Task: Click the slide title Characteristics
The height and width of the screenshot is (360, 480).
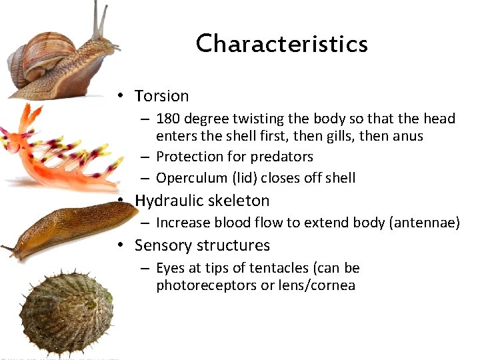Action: [x=281, y=44]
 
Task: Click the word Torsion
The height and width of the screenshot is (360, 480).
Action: [x=161, y=96]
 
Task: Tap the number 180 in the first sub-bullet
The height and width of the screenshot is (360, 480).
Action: [x=167, y=119]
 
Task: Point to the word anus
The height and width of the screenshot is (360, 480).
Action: [x=408, y=136]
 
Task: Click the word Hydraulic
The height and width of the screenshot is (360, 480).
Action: [x=167, y=201]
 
